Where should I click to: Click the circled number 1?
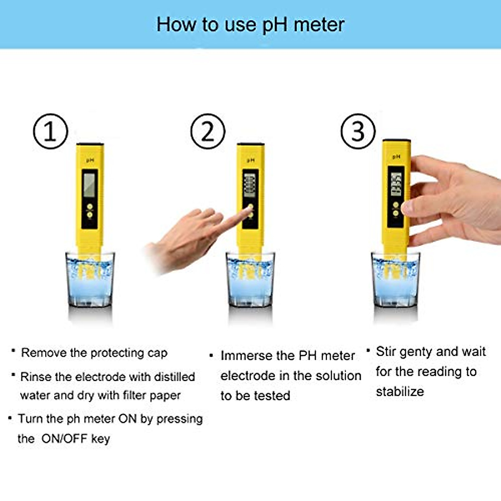[50, 132]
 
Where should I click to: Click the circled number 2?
[207, 132]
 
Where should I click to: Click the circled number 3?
[358, 132]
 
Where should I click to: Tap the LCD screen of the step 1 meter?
[89, 184]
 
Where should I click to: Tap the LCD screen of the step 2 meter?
[250, 185]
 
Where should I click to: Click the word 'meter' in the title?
[319, 25]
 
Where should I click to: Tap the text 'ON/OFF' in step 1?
[64, 439]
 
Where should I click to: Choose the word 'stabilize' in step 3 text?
[400, 392]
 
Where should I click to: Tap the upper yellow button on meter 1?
[89, 206]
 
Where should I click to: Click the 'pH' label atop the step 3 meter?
[396, 157]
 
